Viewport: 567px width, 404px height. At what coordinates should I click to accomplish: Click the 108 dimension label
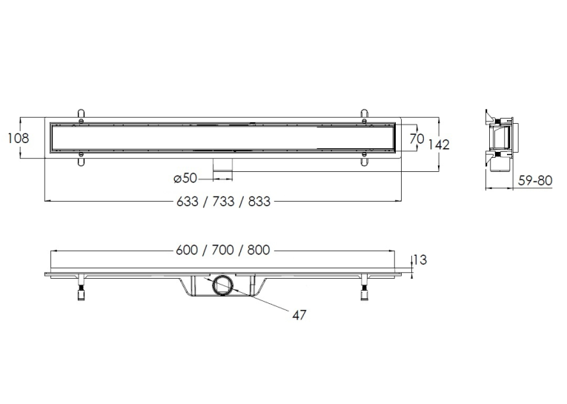19,138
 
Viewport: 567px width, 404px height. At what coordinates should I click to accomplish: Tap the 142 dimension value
439,145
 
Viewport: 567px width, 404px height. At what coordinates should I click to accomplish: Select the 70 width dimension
417,138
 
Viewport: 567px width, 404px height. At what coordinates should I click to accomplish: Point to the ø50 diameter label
185,178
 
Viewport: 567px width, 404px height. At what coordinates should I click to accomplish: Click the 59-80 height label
535,180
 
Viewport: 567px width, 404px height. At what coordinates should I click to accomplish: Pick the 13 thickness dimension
420,259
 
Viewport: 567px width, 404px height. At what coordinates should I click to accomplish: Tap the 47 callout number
299,315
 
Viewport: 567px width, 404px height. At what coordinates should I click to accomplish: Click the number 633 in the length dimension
188,202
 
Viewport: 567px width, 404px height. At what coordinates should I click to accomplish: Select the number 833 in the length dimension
259,202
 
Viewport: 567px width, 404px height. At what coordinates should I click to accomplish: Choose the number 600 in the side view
187,250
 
